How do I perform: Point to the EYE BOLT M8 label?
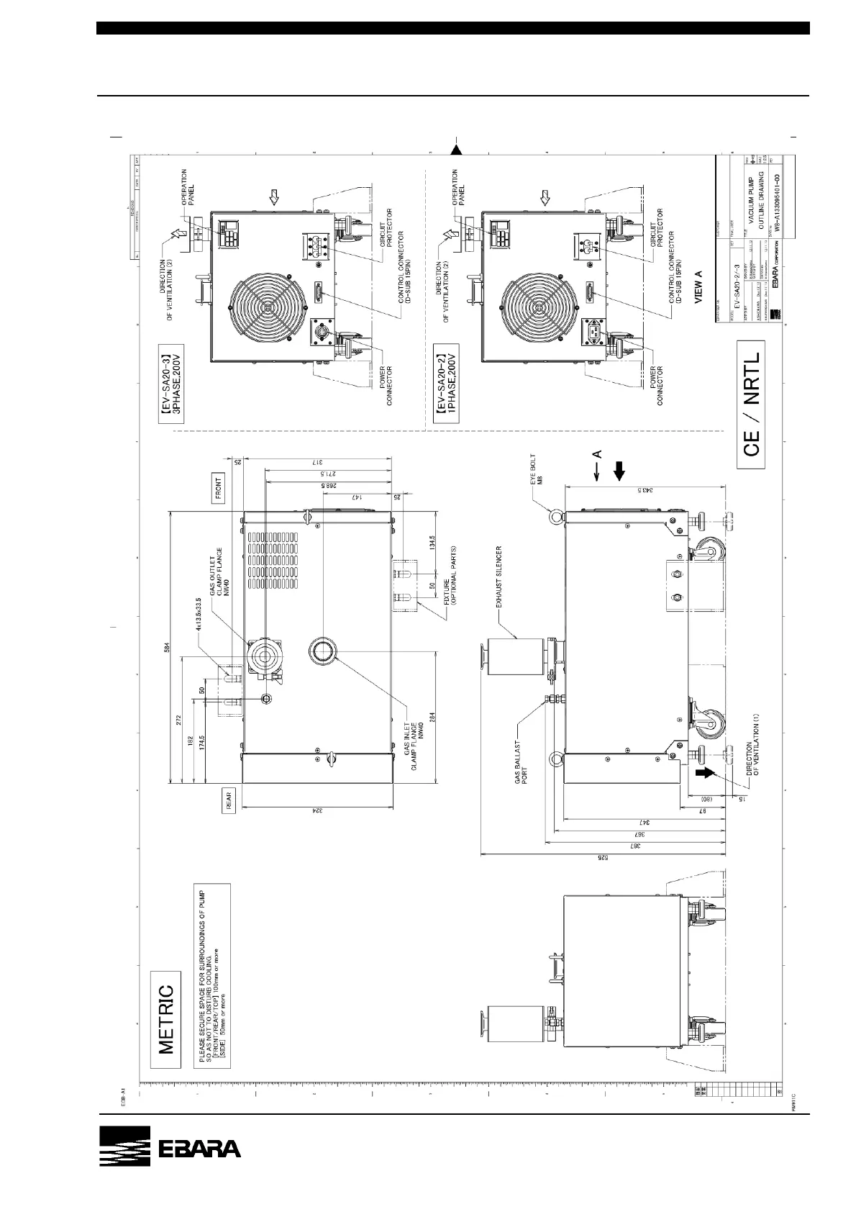coord(537,469)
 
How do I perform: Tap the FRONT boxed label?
coord(219,487)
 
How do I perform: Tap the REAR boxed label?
coord(229,802)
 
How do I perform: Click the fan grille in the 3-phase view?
coord(268,306)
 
